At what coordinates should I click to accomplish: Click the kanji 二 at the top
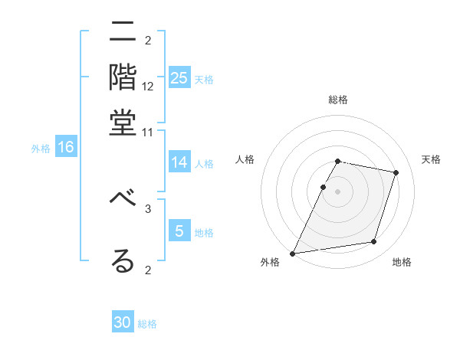(123, 33)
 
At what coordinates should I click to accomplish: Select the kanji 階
(123, 77)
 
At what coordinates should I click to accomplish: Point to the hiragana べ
(123, 198)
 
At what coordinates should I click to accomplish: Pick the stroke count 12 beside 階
(148, 87)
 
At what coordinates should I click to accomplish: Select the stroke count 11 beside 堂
(148, 132)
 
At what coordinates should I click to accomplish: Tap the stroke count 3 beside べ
(148, 208)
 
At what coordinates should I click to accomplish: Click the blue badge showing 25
(179, 78)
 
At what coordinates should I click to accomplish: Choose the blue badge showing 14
(179, 162)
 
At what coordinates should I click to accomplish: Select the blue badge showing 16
(65, 147)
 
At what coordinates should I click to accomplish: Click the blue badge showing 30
(123, 322)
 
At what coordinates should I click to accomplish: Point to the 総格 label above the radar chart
(337, 100)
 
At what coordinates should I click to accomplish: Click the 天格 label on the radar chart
(431, 159)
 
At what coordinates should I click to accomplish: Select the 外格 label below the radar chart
(270, 263)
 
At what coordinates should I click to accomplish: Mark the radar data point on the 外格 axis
(293, 253)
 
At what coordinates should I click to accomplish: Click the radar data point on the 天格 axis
(396, 172)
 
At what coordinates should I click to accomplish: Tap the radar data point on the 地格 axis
(374, 242)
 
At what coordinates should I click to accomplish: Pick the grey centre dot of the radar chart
(337, 191)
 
